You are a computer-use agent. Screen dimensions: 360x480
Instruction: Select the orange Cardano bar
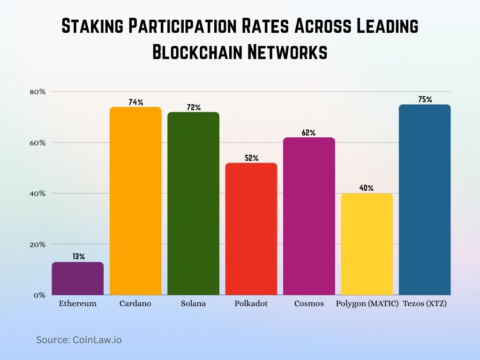(135, 202)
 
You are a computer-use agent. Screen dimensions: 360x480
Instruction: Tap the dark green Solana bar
(193, 204)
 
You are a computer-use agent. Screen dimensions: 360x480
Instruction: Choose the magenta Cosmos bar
(309, 217)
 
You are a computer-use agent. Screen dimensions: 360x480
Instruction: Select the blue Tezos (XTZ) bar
(425, 200)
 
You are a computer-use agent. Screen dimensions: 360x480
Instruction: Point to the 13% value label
(78, 256)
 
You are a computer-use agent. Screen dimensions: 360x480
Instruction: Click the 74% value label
(135, 102)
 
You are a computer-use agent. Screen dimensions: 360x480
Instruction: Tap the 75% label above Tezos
(425, 99)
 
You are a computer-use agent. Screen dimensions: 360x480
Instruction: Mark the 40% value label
(367, 188)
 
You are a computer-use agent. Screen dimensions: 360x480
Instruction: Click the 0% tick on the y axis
(40, 295)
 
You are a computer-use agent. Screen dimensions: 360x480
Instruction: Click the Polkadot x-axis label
(251, 304)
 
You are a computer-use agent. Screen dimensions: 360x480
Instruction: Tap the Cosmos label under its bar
(309, 304)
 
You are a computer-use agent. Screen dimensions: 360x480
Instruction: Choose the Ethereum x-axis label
(78, 304)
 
